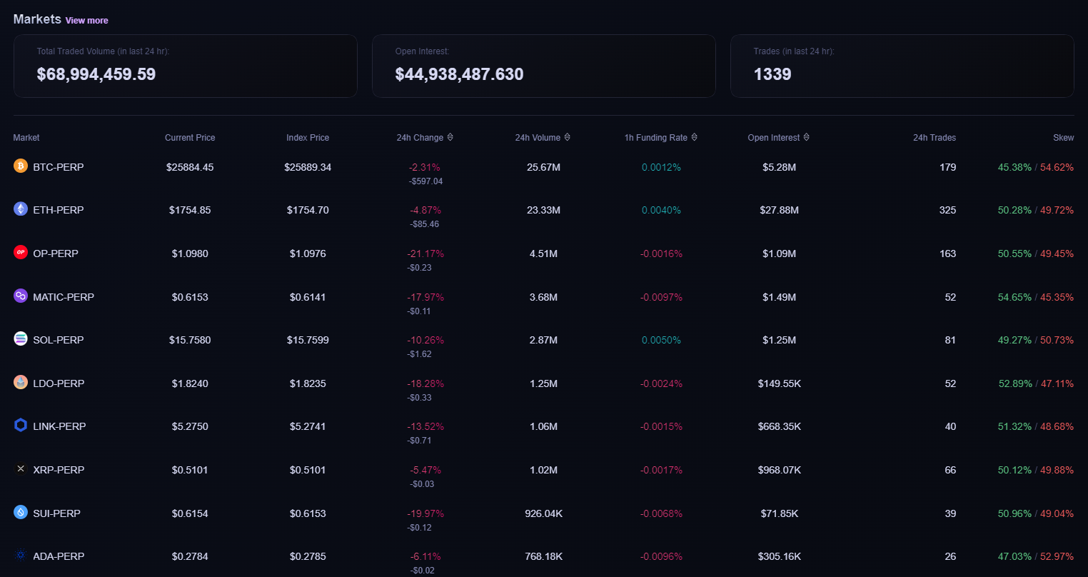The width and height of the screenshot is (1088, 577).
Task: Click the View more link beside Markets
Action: pyautogui.click(x=86, y=21)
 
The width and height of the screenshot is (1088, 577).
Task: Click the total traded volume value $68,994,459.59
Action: pyautogui.click(x=96, y=74)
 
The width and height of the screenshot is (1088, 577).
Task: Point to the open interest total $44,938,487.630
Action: pyautogui.click(x=459, y=74)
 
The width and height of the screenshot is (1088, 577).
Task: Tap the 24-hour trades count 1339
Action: pyautogui.click(x=772, y=74)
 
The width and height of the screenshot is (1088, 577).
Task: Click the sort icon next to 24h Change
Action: pyautogui.click(x=450, y=137)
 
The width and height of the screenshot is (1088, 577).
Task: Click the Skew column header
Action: pyautogui.click(x=1063, y=138)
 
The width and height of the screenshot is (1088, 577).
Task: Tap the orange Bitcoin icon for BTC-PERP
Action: pyautogui.click(x=21, y=166)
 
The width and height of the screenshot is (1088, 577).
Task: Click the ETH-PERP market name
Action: pyautogui.click(x=59, y=210)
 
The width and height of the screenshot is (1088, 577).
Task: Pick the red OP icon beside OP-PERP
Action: pyautogui.click(x=21, y=253)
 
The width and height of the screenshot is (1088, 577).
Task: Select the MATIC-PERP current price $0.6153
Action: pyautogui.click(x=190, y=297)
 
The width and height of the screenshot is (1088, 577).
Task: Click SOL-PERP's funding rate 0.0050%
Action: pyautogui.click(x=661, y=340)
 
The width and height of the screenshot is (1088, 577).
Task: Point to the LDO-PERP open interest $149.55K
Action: pyautogui.click(x=780, y=383)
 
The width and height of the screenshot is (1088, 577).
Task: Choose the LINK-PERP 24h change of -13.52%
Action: pyautogui.click(x=425, y=426)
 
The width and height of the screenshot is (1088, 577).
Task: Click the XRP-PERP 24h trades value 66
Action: pyautogui.click(x=950, y=470)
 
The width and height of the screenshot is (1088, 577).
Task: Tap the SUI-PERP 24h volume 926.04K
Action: pyautogui.click(x=543, y=513)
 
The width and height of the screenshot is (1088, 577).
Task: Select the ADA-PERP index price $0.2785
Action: pyautogui.click(x=308, y=556)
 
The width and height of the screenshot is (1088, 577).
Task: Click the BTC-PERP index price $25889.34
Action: pyautogui.click(x=308, y=167)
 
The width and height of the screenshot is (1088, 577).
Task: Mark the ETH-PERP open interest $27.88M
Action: pyautogui.click(x=780, y=210)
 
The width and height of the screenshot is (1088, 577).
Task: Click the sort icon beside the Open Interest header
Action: pyautogui.click(x=807, y=137)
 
